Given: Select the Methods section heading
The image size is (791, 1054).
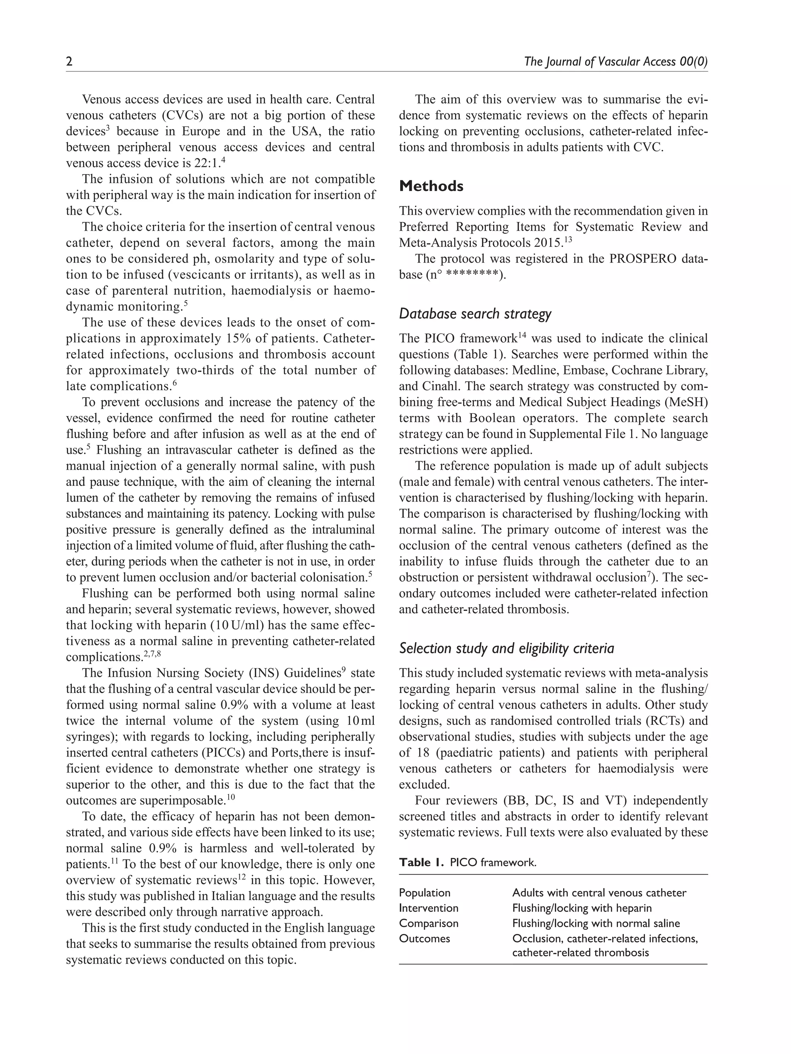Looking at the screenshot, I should [431, 186].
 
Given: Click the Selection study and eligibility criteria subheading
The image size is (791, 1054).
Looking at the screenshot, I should [506, 648].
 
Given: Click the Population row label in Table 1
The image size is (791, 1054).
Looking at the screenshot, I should [424, 893].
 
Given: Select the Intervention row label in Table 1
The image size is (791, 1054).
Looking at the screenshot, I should [429, 908].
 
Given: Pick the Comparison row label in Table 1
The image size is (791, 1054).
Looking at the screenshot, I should [429, 924].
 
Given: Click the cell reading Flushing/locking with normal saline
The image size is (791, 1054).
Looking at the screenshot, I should [596, 924].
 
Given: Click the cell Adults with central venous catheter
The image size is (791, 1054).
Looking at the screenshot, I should [599, 893].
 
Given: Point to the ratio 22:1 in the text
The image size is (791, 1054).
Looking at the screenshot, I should [207, 163].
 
